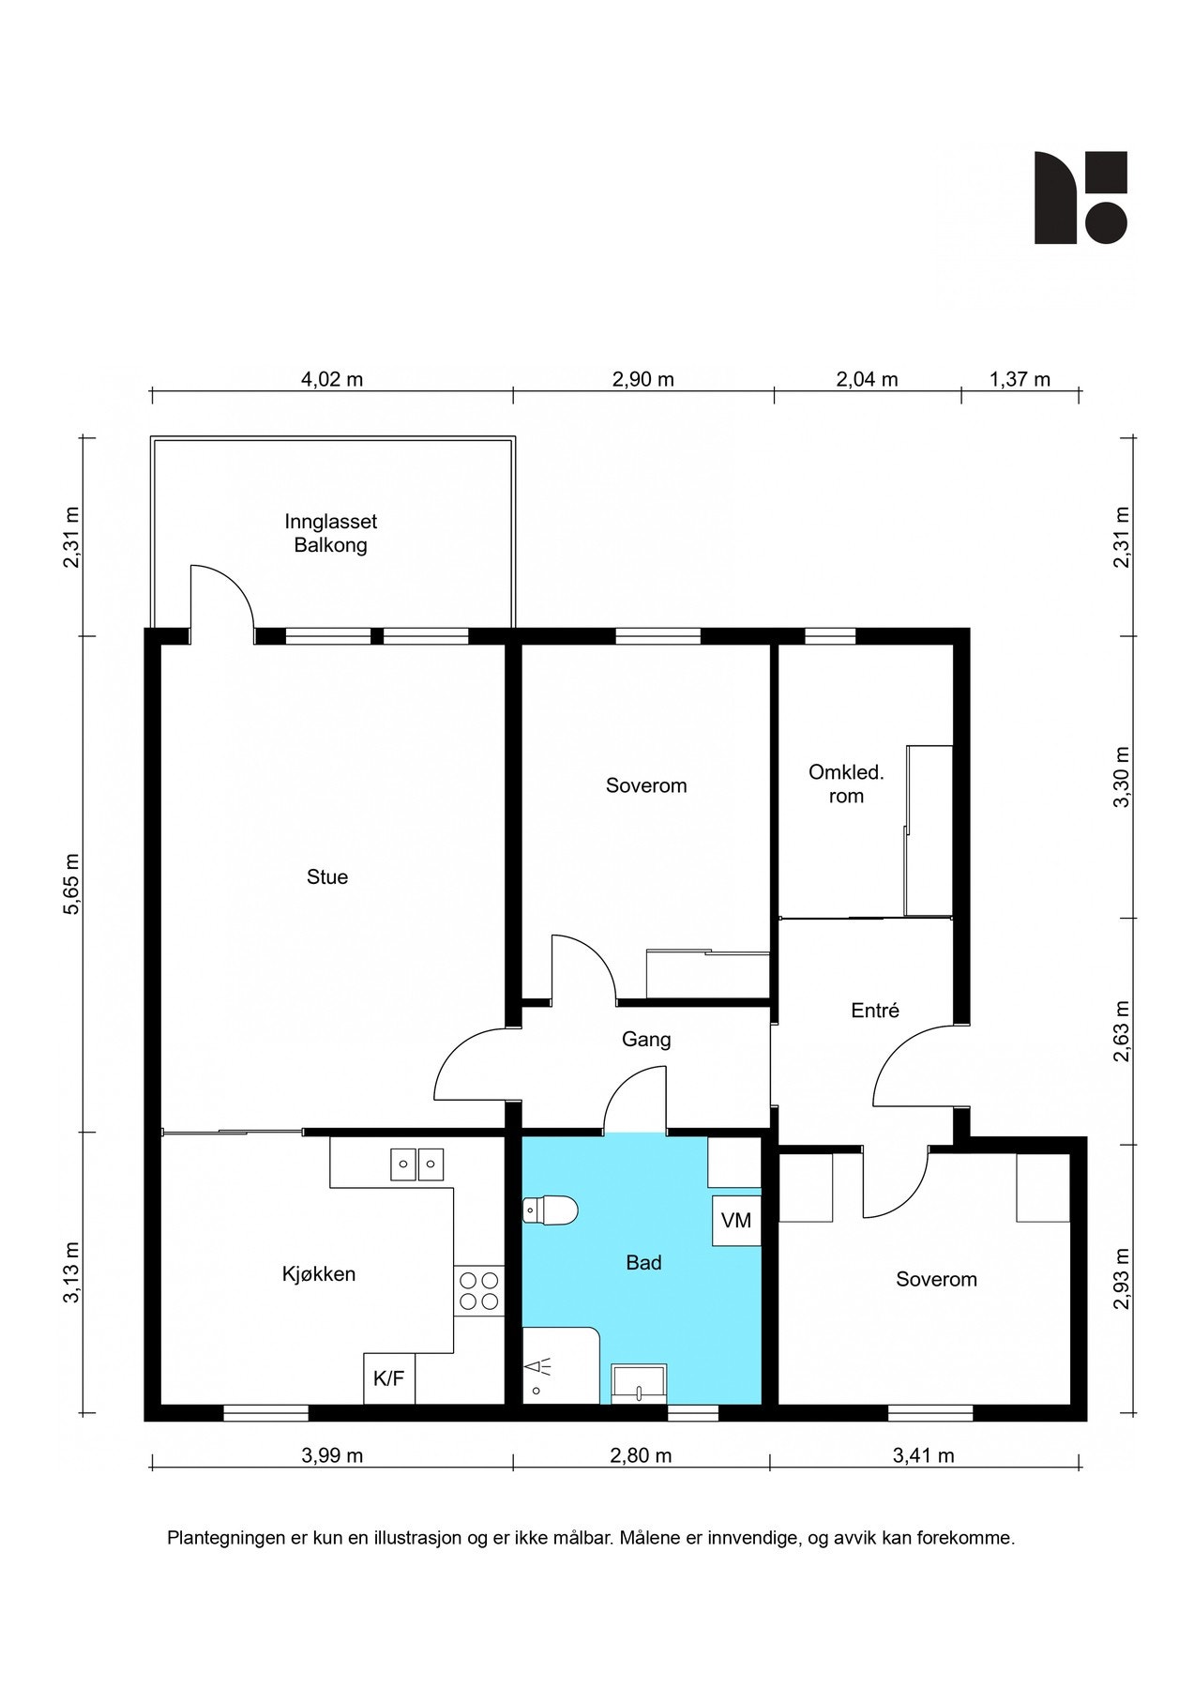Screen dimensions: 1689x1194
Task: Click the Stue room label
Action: [x=326, y=877]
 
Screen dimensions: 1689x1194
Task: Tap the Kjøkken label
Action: [x=319, y=1274]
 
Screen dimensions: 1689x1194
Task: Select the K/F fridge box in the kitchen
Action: [x=388, y=1379]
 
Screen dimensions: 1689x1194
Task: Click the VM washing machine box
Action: [x=736, y=1221]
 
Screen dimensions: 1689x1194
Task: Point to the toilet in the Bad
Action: [x=551, y=1211]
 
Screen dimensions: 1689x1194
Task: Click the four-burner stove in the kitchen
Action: [x=478, y=1290]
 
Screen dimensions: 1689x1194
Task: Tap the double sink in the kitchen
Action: [x=416, y=1164]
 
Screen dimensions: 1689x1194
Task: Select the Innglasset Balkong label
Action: [x=330, y=533]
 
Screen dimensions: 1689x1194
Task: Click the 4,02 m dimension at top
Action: [x=331, y=380]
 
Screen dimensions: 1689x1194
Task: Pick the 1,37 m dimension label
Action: [x=1020, y=380]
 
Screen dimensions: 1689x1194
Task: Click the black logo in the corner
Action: [x=1080, y=198]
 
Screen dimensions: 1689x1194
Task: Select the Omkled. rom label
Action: [x=846, y=784]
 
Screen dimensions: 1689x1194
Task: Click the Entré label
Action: [x=874, y=1011]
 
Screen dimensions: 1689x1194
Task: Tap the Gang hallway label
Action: [x=646, y=1040]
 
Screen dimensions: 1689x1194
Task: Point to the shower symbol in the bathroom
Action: [x=537, y=1372]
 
